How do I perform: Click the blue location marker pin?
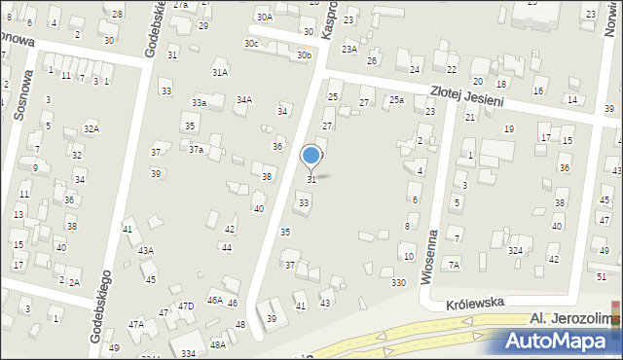click(311, 156)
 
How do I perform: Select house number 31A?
click(220, 72)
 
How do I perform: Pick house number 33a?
click(199, 103)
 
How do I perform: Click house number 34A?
click(244, 99)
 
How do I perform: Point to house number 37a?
click(196, 149)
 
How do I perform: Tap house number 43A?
click(145, 250)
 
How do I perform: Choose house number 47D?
click(185, 306)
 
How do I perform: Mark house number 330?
click(398, 282)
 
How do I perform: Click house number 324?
click(515, 251)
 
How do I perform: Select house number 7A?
click(453, 265)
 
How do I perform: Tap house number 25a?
click(396, 99)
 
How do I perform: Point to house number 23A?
click(348, 48)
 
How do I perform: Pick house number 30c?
click(251, 44)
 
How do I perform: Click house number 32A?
click(91, 128)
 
